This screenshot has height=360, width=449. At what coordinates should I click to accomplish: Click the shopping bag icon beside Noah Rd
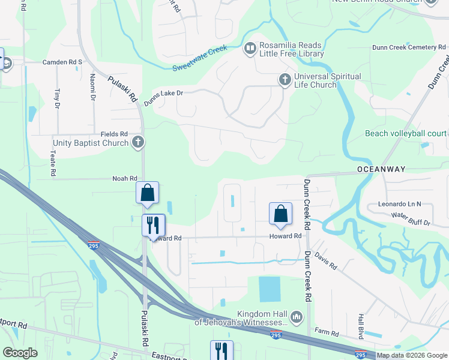click(x=147, y=193)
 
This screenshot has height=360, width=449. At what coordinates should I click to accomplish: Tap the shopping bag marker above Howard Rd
click(x=280, y=214)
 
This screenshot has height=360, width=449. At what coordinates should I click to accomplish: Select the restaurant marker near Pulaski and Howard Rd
click(x=153, y=225)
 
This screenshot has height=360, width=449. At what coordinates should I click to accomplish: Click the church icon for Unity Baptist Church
click(x=138, y=143)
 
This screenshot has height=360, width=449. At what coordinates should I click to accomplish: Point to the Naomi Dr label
click(x=93, y=87)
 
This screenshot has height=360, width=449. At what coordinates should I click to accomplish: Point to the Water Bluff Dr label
click(x=411, y=219)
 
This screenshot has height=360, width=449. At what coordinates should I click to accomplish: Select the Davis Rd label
click(x=325, y=260)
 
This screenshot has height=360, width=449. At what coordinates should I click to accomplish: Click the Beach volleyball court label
click(x=406, y=133)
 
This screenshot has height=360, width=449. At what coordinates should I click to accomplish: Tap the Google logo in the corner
click(x=20, y=352)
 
